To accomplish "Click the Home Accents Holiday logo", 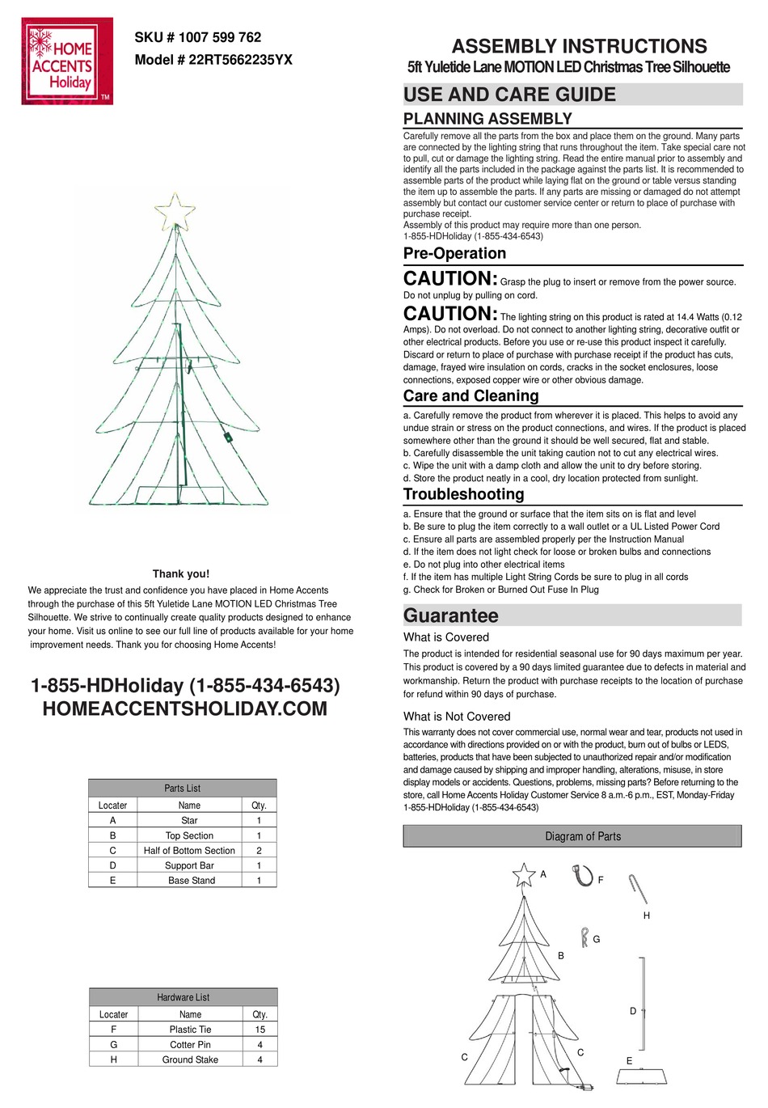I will tap(67, 62).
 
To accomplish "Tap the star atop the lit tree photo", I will tap(175, 213).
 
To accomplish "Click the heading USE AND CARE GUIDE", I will tap(509, 95).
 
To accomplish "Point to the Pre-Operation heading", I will tap(454, 253).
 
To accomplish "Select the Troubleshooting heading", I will tap(463, 494).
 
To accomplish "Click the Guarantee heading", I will tap(450, 615).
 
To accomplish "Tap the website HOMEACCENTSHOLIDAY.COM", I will tap(184, 709).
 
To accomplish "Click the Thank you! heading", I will tap(181, 573).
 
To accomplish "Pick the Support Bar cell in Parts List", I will tap(189, 865).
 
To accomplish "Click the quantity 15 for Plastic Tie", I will tap(260, 1030).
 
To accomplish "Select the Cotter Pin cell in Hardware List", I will tap(190, 1044).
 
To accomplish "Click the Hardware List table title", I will tap(183, 997).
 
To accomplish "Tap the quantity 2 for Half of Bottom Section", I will tap(259, 851).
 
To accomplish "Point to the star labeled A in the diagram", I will tap(524, 875).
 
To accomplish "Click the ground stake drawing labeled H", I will tap(638, 889).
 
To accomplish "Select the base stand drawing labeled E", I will tap(641, 1076).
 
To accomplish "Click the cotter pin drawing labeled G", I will tap(584, 937).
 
